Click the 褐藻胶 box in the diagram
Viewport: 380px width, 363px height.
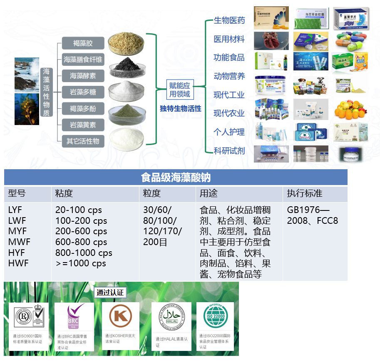click(83, 43)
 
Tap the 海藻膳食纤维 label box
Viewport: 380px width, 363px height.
click(83, 60)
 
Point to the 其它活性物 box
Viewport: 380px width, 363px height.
click(83, 141)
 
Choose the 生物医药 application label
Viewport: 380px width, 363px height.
click(229, 20)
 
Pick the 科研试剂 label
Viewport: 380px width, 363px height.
click(229, 151)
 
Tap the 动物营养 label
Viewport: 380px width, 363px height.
click(229, 76)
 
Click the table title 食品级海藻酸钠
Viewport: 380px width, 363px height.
click(176, 178)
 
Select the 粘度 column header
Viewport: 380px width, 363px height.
click(64, 193)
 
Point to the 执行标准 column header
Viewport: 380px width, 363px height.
click(304, 193)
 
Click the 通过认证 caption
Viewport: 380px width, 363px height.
click(110, 293)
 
